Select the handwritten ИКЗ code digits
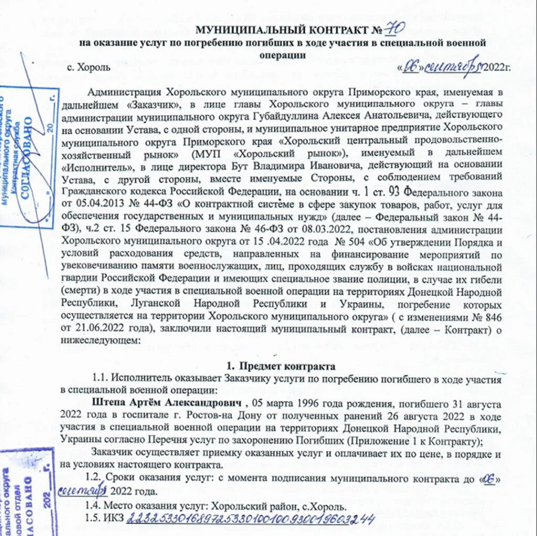click(x=251, y=520)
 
